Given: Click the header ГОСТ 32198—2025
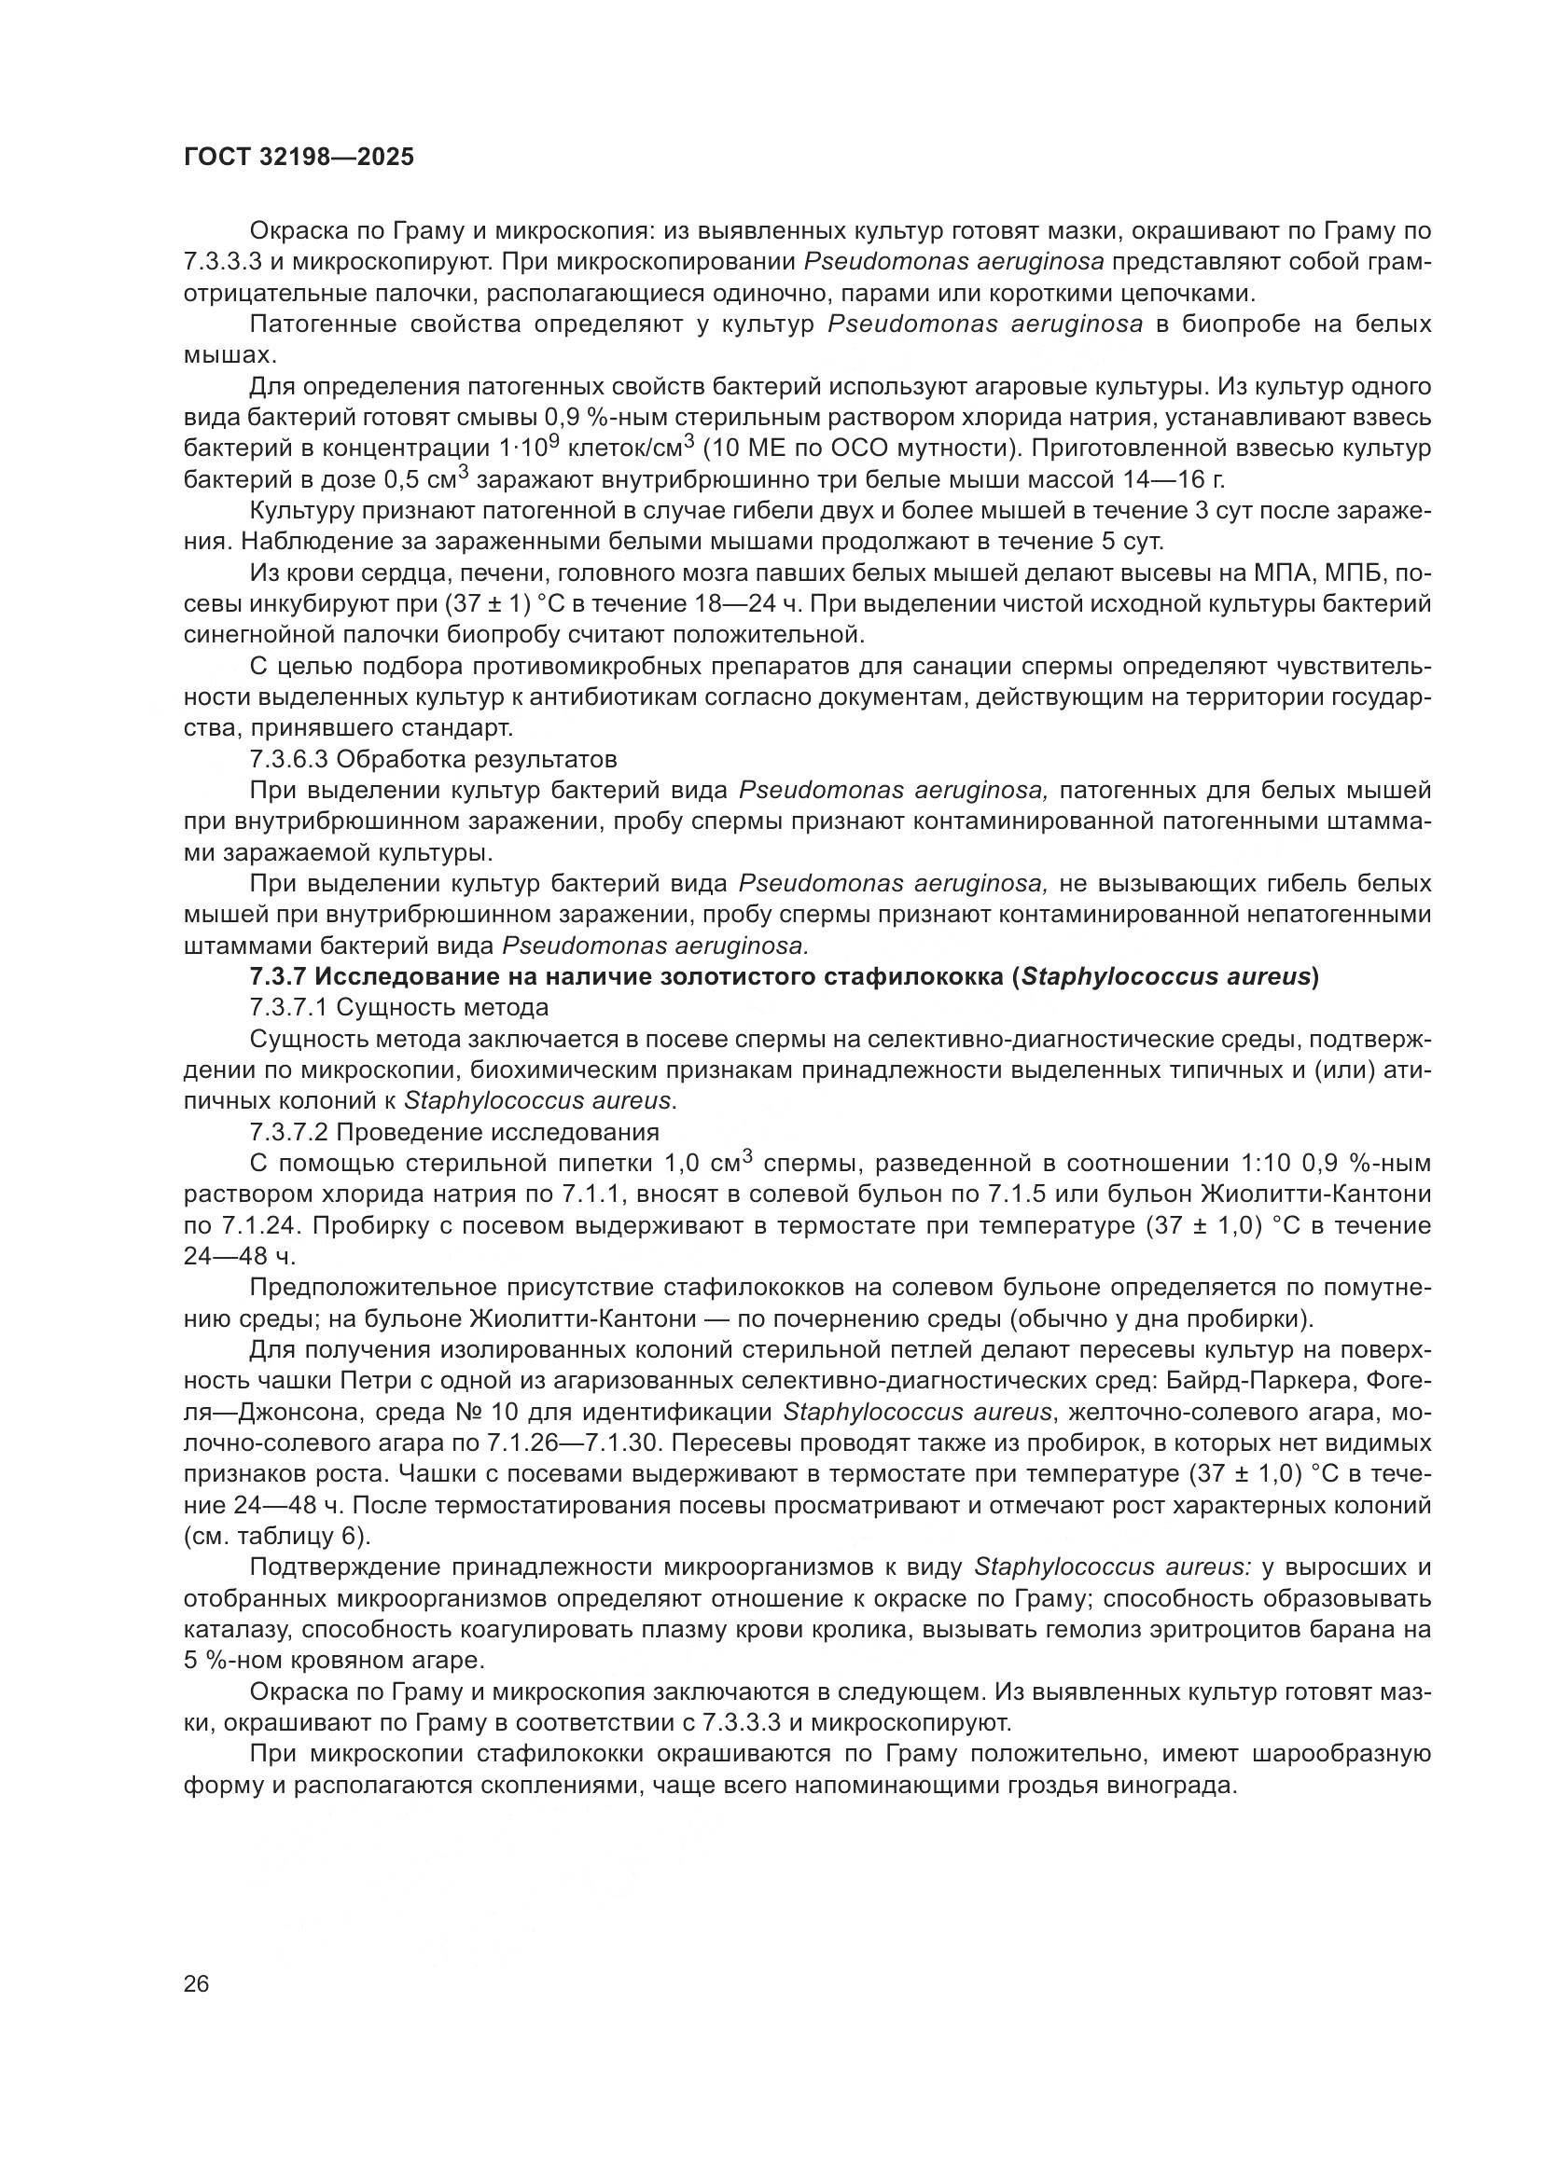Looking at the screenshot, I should pos(299,158).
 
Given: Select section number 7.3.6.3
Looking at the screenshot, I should pos(288,759).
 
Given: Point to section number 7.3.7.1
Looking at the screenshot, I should pos(288,1007).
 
